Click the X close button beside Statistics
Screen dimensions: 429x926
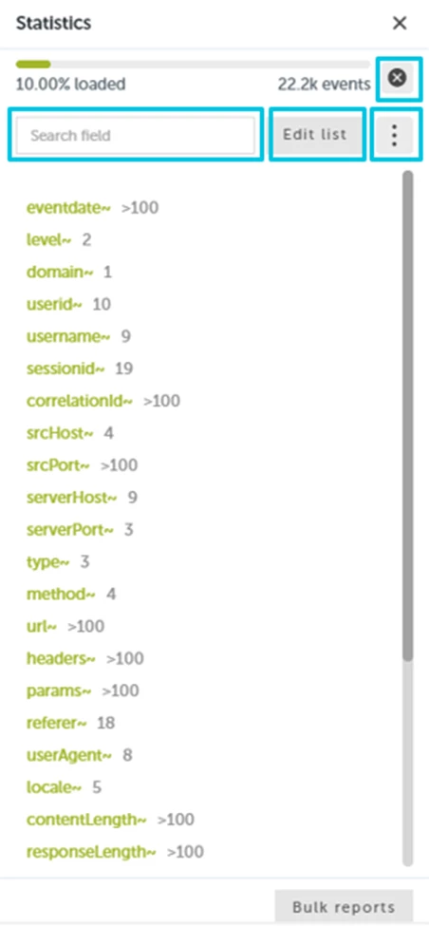pos(400,23)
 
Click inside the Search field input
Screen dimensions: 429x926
pos(136,135)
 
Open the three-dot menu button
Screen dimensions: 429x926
pos(395,135)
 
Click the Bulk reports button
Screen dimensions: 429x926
pos(344,907)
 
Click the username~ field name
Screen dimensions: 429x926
pos(68,336)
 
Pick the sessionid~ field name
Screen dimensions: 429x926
pos(65,369)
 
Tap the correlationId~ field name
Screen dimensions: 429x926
pos(80,401)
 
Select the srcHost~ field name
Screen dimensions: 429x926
pos(60,433)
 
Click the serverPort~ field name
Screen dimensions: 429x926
pos(70,530)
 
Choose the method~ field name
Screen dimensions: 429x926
pos(61,595)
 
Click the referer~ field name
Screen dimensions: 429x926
pos(57,723)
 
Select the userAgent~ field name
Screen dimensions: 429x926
pos(69,755)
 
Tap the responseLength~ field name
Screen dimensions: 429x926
pos(91,852)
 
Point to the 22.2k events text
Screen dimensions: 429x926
pos(324,85)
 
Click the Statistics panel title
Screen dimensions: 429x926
pos(54,23)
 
